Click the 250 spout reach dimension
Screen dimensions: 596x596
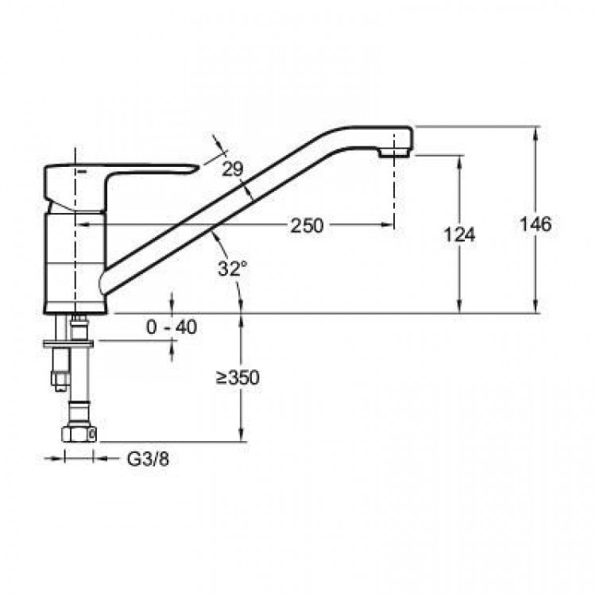click(x=307, y=226)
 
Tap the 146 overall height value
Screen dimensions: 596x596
click(x=535, y=224)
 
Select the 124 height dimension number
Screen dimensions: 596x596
click(x=459, y=235)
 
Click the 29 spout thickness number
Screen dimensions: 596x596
click(x=233, y=168)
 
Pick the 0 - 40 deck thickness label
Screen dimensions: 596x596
click(x=172, y=327)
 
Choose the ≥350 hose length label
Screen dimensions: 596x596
click(x=238, y=377)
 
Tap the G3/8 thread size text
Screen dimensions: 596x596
click(x=148, y=459)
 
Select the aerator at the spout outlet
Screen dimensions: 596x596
click(x=394, y=153)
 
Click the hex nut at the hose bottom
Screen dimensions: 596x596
click(x=79, y=434)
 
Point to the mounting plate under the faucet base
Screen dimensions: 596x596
click(x=68, y=344)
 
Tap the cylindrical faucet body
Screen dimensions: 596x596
click(x=75, y=262)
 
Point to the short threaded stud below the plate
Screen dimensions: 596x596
click(x=60, y=369)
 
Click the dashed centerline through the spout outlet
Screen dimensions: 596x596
click(x=394, y=180)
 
